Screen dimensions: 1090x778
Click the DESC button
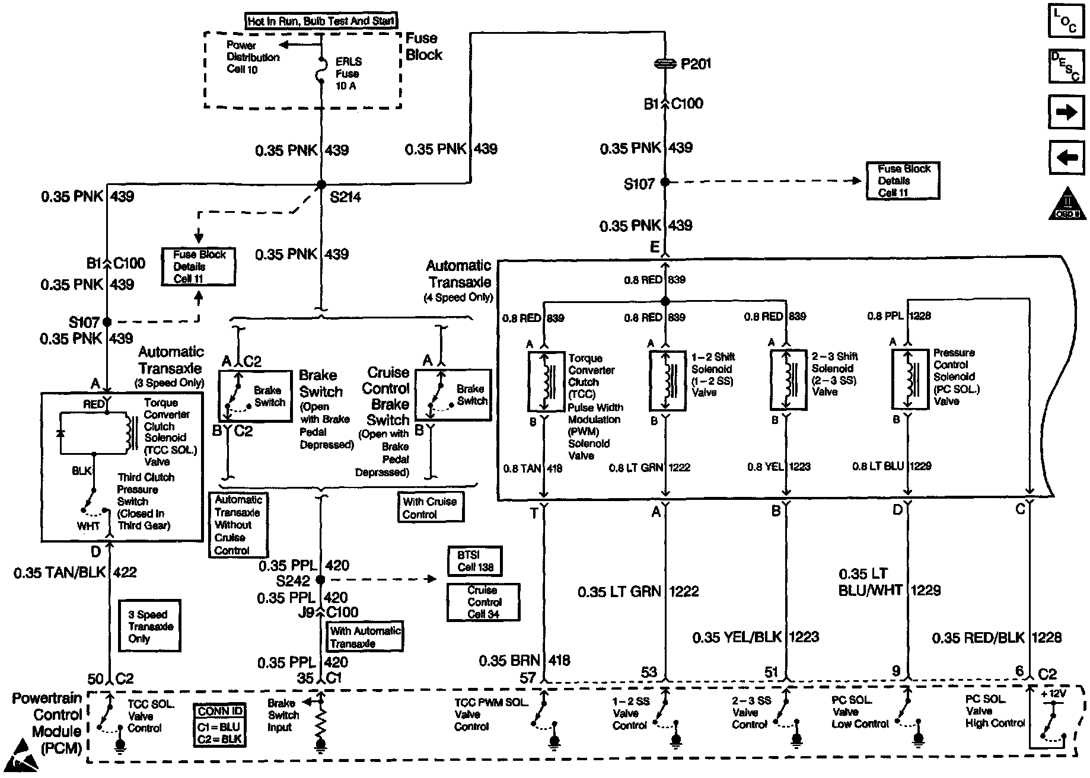tap(1065, 65)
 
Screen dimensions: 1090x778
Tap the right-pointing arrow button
tap(1065, 111)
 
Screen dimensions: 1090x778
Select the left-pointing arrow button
tap(1065, 157)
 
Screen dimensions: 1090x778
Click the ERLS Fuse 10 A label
tap(348, 74)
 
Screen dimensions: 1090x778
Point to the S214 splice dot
tap(321, 184)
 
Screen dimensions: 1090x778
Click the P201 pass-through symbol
tap(665, 63)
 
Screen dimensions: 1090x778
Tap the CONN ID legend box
tap(219, 725)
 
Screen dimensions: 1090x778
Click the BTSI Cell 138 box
tap(475, 561)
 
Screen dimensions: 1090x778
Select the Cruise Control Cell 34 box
tap(483, 602)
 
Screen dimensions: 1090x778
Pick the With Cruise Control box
tap(430, 508)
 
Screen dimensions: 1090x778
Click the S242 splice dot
tap(320, 579)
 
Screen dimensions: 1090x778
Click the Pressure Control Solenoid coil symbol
tap(909, 379)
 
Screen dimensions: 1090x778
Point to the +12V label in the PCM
tap(1053, 693)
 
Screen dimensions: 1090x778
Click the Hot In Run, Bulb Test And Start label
tap(321, 21)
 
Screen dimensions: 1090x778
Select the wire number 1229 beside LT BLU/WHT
tap(926, 590)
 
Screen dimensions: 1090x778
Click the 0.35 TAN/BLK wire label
tap(59, 572)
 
